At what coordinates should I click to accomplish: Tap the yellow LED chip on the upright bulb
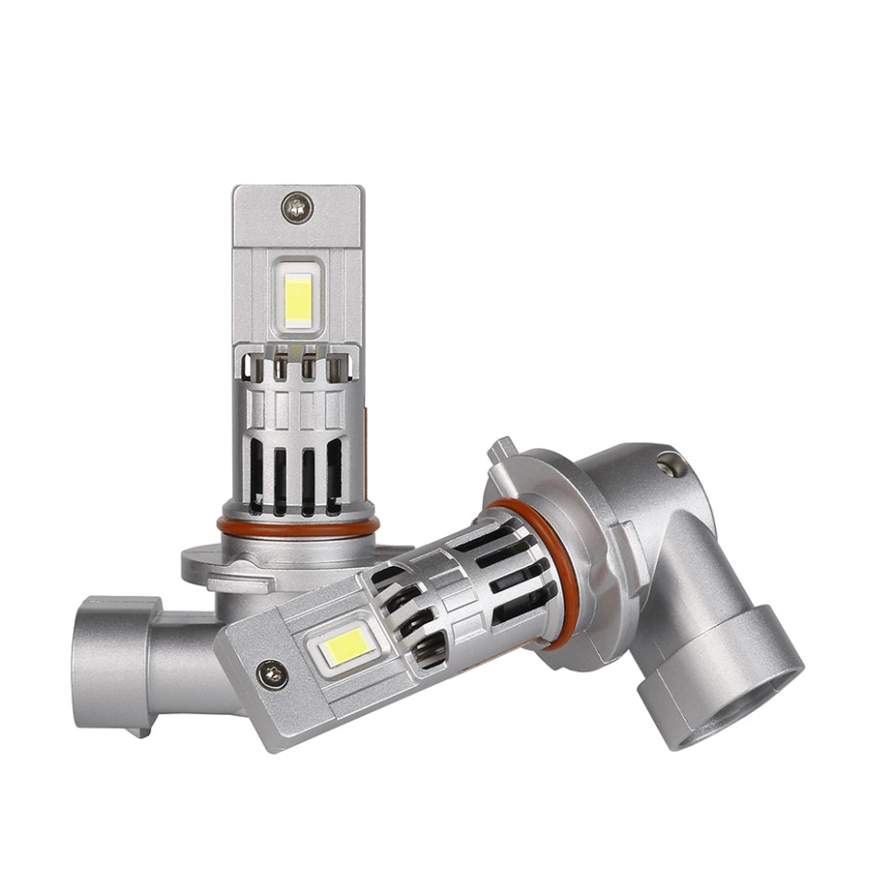[x=298, y=297]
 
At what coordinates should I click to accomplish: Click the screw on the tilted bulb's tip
[x=272, y=675]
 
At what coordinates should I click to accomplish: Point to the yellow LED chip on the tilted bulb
[x=347, y=648]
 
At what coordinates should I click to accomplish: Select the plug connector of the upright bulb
[x=115, y=662]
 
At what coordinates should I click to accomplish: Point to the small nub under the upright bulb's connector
[x=139, y=732]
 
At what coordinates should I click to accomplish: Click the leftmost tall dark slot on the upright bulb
[x=255, y=475]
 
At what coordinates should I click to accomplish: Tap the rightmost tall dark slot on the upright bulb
[x=334, y=475]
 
